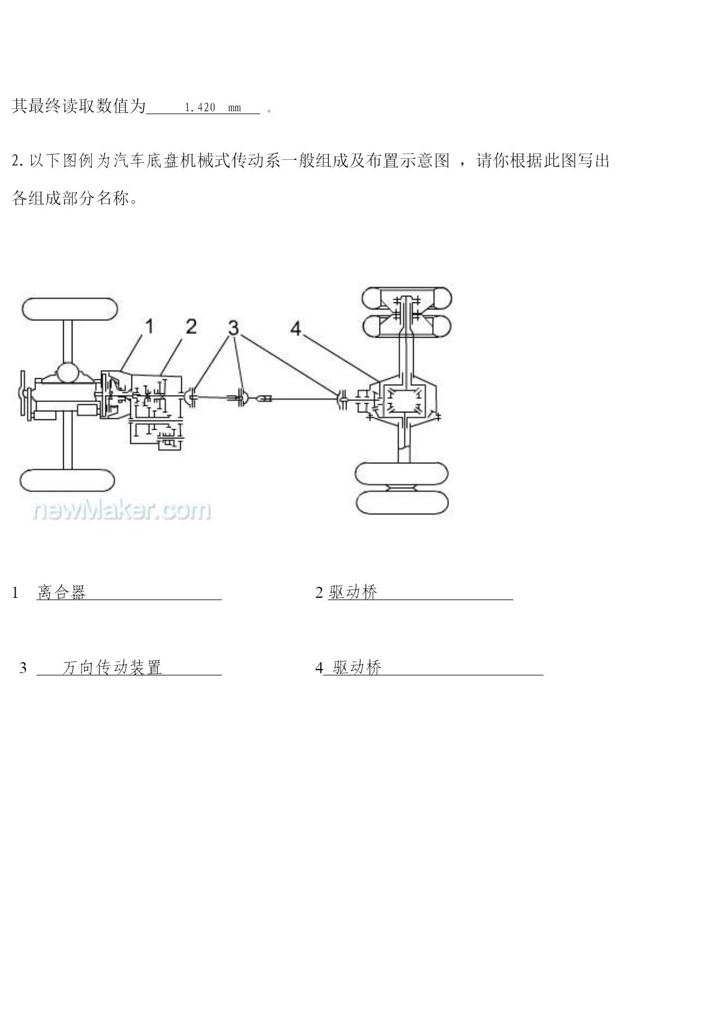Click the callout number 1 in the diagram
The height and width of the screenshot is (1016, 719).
point(149,327)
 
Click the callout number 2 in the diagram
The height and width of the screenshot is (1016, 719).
point(191,326)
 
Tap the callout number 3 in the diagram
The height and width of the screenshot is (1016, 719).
point(233,328)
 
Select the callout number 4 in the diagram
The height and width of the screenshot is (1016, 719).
point(296,329)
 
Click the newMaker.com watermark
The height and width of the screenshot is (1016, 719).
point(122,510)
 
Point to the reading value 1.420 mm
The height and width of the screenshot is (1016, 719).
point(213,108)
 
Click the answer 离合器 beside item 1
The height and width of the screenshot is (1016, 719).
point(61,592)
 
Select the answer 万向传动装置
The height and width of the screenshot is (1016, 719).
point(112,667)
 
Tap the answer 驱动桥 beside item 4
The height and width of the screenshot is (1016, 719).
point(357,667)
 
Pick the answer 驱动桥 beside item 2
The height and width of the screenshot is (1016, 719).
point(353,592)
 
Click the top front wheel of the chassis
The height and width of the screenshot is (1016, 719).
point(70,309)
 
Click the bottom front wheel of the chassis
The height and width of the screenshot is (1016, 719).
point(67,480)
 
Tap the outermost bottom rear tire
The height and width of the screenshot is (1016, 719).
point(403,502)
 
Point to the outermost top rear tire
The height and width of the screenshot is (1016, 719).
point(407,298)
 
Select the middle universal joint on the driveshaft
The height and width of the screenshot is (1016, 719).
point(243,398)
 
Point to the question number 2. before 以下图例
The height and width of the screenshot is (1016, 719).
point(17,161)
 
